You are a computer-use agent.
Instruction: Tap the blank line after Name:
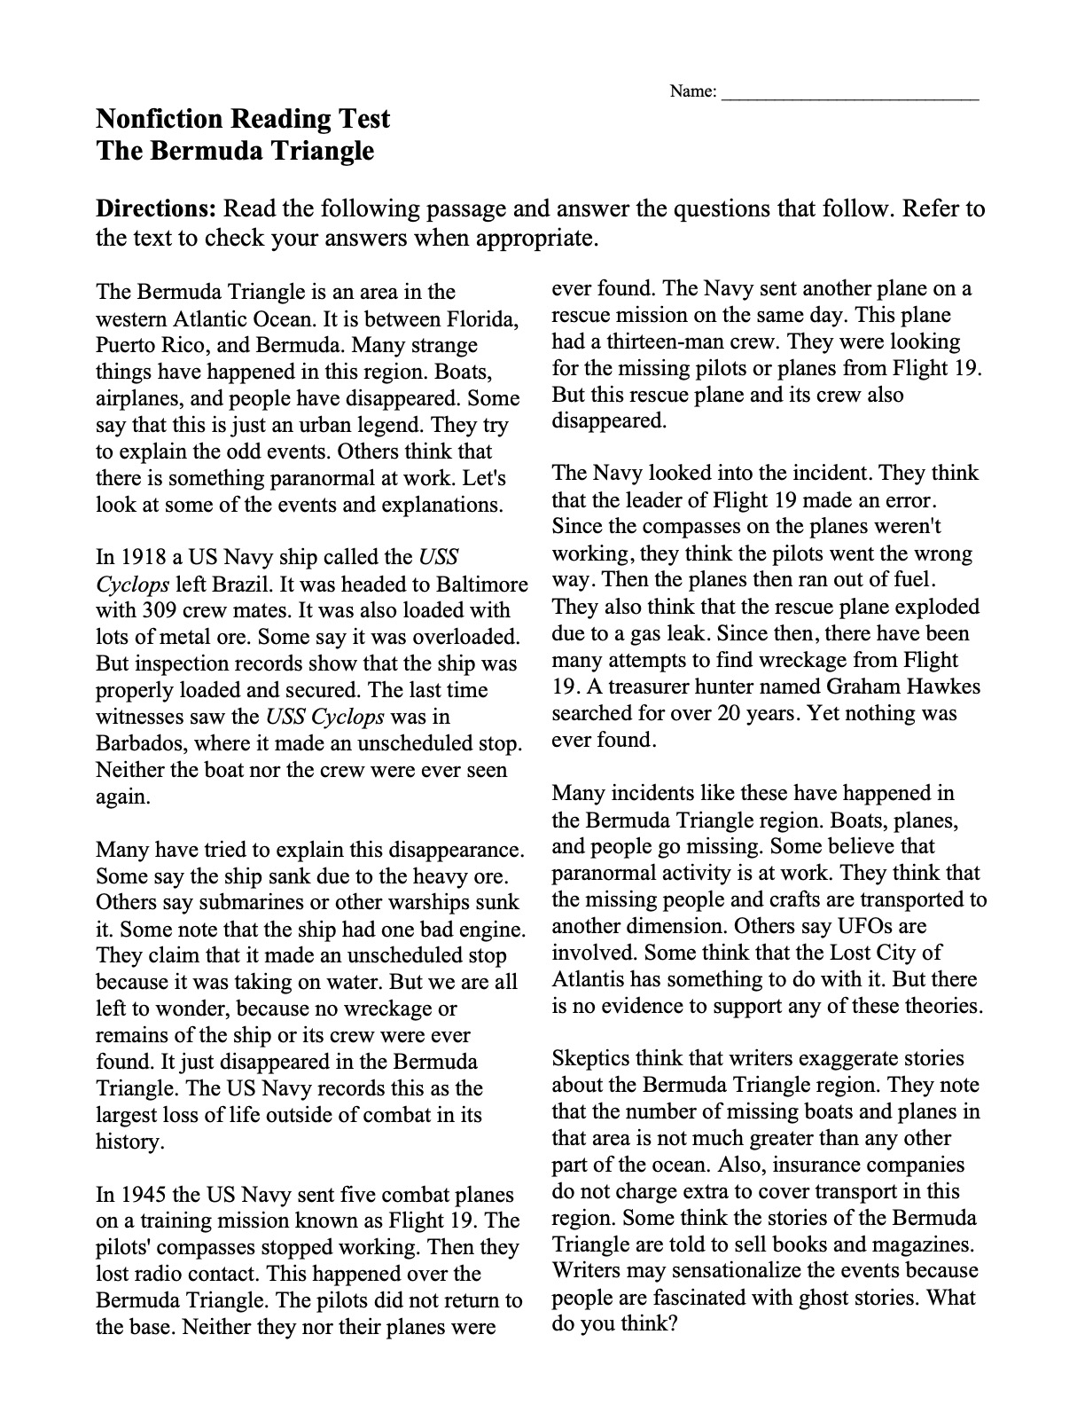(x=851, y=92)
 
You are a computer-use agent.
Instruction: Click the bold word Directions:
(x=156, y=209)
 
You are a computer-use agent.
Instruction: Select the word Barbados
(x=138, y=743)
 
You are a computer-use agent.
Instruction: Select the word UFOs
(x=868, y=926)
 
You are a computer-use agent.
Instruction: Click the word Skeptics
(x=589, y=1058)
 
